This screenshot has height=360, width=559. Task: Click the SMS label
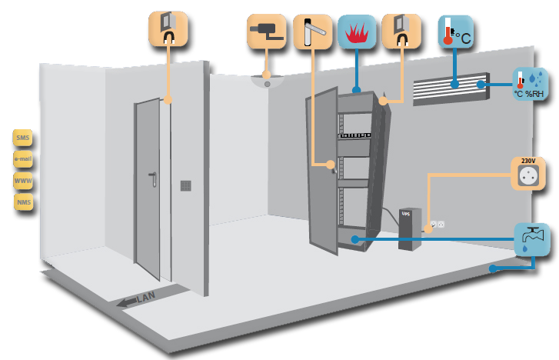pos(22,138)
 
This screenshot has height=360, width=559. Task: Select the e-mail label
pos(22,159)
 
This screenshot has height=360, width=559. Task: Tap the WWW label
pos(23,181)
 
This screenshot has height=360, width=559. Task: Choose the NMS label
pos(24,202)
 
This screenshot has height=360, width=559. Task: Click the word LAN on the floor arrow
pos(146,297)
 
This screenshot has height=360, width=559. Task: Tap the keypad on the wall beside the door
pos(185,185)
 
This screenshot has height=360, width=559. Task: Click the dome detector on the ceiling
pos(267,78)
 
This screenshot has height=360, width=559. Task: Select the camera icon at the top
pos(267,32)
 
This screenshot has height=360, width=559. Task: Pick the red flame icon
pos(356,32)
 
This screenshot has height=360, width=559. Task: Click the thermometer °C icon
pos(454,31)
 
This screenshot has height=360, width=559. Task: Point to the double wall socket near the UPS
pos(438,225)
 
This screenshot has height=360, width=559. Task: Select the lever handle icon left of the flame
pos(312,32)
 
